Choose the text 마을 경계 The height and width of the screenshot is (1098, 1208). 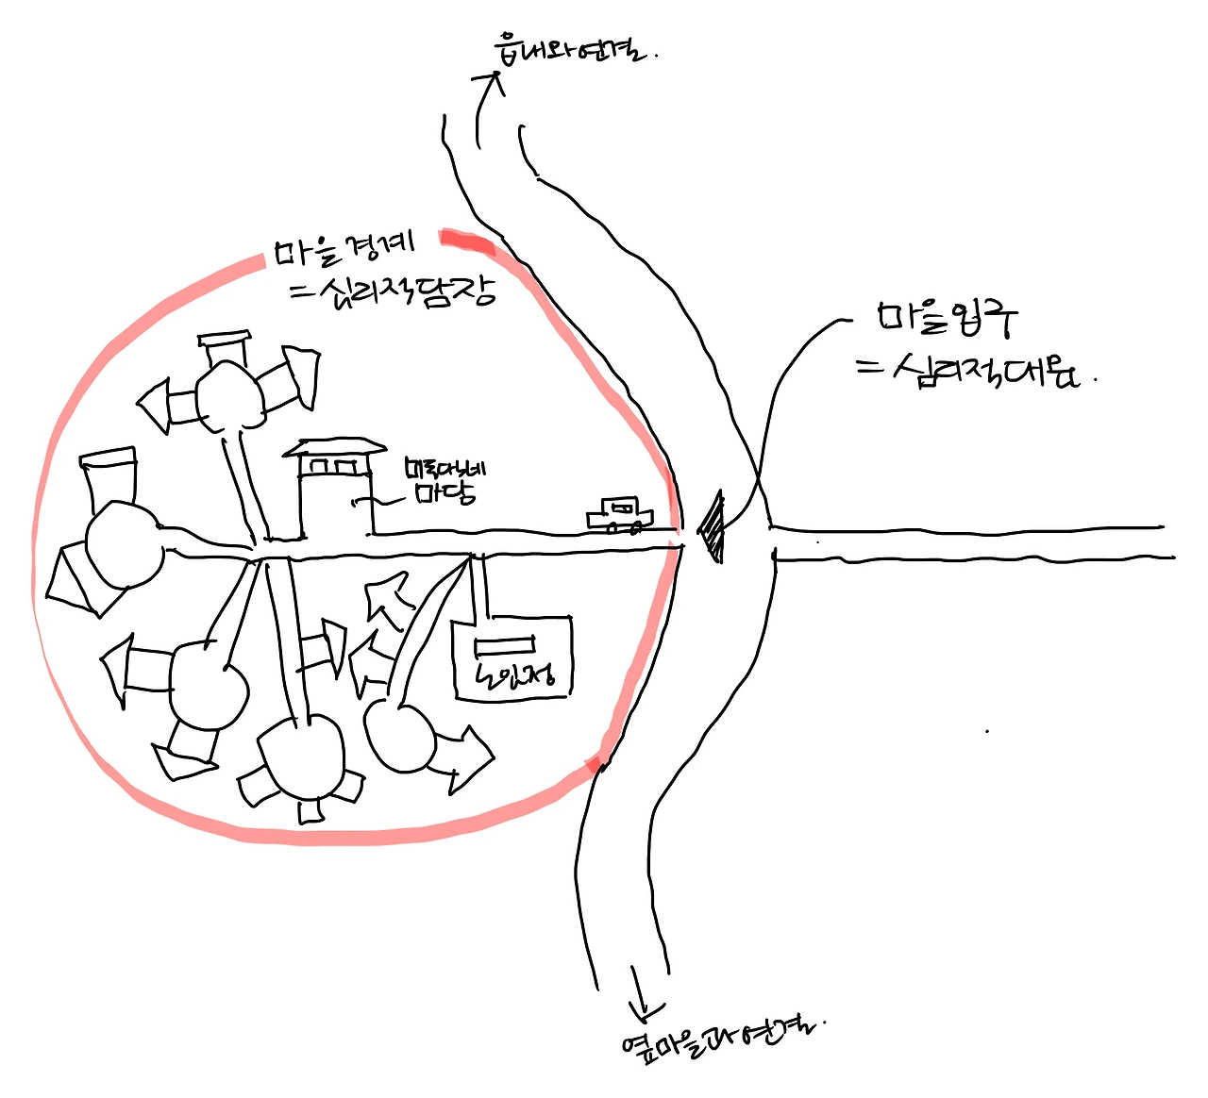[345, 248]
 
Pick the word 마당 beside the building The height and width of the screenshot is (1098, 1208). [445, 493]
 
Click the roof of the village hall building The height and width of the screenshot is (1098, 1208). [336, 447]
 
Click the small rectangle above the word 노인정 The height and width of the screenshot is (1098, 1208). [504, 644]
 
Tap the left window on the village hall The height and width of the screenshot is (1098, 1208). [320, 467]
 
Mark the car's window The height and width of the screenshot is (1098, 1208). [622, 507]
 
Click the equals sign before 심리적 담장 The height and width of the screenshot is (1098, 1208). [304, 291]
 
